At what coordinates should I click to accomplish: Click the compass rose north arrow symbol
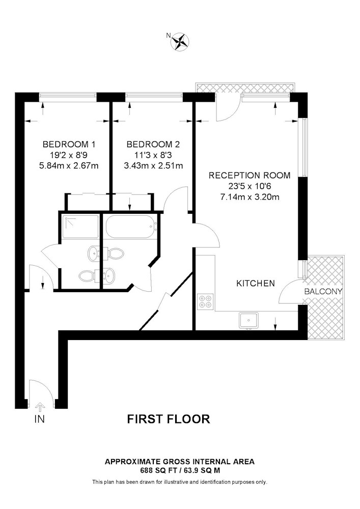click(x=180, y=41)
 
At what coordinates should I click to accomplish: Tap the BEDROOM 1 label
click(x=69, y=144)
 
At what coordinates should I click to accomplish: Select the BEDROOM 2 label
click(x=153, y=144)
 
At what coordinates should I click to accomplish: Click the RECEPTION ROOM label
click(x=250, y=175)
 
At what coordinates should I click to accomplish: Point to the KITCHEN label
click(x=256, y=284)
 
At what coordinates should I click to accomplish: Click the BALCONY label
click(x=323, y=292)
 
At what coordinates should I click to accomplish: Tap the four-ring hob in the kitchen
click(x=205, y=301)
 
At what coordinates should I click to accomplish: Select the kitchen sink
click(x=248, y=320)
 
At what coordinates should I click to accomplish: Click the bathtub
click(x=131, y=227)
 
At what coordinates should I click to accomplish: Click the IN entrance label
click(x=39, y=419)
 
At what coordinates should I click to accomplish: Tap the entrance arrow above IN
click(x=40, y=407)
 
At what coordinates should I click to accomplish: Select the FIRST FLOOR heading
click(x=169, y=419)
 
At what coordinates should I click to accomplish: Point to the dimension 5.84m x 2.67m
click(x=69, y=166)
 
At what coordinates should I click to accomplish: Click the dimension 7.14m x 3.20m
click(x=250, y=197)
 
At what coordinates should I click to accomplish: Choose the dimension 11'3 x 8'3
click(x=153, y=155)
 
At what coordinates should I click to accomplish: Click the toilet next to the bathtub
click(x=115, y=253)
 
